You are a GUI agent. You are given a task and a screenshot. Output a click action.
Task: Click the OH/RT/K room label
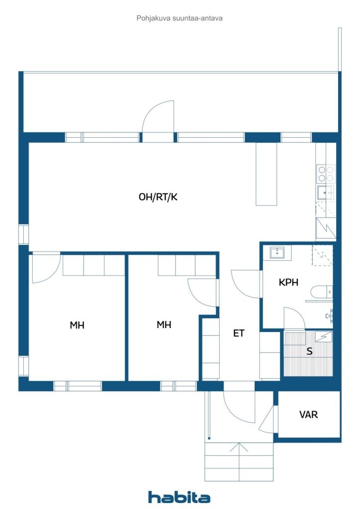[x=158, y=197]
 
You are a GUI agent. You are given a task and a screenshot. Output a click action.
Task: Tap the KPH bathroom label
[x=288, y=282]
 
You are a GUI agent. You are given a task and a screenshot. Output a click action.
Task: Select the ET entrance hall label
[x=239, y=333]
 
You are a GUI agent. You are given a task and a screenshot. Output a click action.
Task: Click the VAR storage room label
[x=308, y=414]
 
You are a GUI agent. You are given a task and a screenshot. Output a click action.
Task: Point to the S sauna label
[x=309, y=351]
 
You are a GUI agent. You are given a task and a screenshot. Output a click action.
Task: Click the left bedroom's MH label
[x=77, y=325]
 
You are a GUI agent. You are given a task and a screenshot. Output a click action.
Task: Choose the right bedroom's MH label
[x=164, y=325]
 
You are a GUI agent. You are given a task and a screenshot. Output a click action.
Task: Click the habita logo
[x=180, y=497]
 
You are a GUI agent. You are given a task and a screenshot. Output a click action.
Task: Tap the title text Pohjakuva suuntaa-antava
[x=180, y=18]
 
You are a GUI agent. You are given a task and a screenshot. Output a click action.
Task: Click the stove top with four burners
[x=326, y=173]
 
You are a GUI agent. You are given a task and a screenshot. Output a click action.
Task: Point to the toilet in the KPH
[x=319, y=291]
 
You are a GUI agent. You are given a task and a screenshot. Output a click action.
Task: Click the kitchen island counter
[x=266, y=174]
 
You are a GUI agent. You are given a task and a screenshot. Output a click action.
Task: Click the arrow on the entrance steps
[x=239, y=448]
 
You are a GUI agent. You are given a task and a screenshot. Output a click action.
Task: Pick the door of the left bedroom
[x=46, y=268]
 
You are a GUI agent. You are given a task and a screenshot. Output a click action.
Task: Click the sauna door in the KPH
[x=293, y=318]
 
